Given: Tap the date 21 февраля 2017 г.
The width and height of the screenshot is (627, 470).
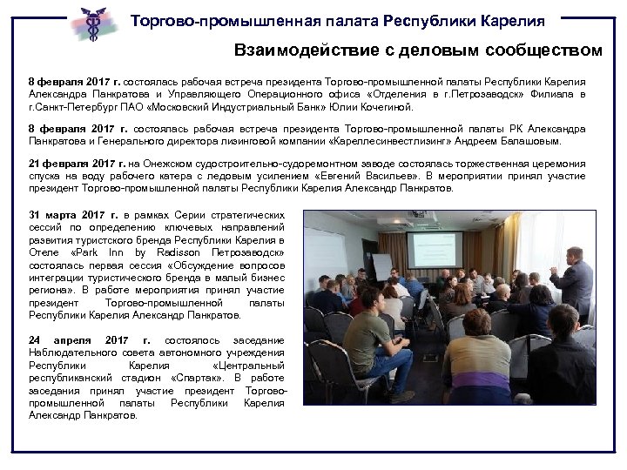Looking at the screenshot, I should click(77, 164).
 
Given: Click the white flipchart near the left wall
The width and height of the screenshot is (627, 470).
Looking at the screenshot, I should click(381, 265).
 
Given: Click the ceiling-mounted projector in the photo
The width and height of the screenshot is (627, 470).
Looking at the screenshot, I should click(419, 214).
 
